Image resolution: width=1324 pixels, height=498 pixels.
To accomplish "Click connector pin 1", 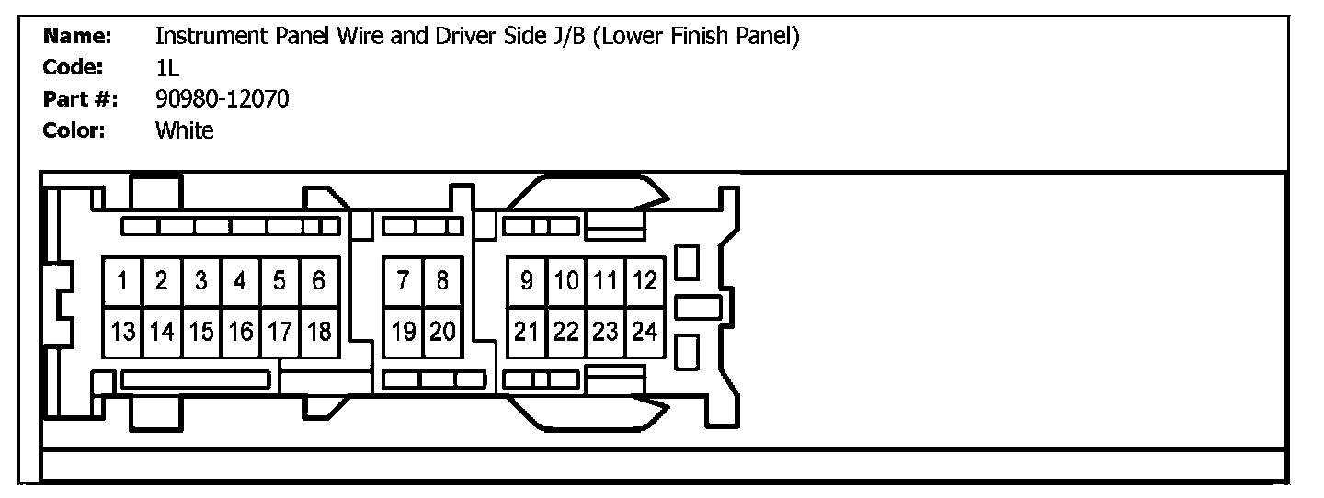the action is coord(122,281).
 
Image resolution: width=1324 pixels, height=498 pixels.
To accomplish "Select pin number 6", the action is coord(319,281).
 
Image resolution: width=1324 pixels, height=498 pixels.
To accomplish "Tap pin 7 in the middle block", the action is coord(403,281).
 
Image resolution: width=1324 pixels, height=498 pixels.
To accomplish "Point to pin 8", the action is coord(443,281).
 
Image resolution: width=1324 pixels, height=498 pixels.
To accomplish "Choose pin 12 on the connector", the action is coord(645,281).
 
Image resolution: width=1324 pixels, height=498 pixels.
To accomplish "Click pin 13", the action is coord(122,332).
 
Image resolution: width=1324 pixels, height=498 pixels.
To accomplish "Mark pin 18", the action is coord(319,332).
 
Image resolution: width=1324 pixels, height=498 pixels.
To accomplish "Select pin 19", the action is coord(403,332).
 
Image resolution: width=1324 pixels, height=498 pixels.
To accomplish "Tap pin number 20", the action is coord(443,332).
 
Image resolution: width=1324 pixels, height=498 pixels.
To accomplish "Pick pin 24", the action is coord(645,332).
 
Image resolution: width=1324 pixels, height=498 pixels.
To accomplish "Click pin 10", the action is coord(566,281).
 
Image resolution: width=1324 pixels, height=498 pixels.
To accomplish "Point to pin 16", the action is coord(241,332).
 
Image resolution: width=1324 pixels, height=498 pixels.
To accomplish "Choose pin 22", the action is coord(566,332).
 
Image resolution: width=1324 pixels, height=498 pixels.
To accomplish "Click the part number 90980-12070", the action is coord(223,99).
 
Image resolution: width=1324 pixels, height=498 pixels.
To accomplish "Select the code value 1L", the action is coord(167,68).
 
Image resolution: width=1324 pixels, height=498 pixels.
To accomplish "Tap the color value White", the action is coord(185,130).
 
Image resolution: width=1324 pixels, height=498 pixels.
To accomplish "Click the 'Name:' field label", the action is coord(77,36).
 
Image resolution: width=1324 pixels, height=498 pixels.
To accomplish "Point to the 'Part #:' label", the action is coord(80,99).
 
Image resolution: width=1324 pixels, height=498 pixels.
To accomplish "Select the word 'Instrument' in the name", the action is coord(211,36).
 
